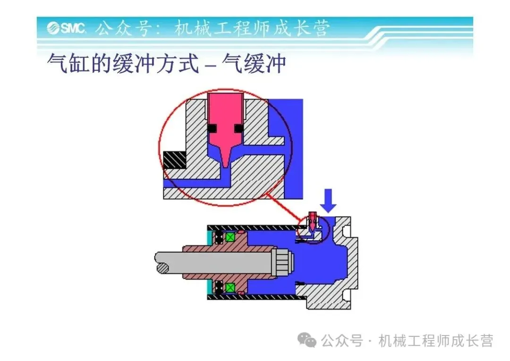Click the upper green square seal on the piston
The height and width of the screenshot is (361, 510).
click(x=230, y=237)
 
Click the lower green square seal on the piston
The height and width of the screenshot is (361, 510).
click(x=230, y=287)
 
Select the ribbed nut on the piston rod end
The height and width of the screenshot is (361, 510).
click(x=283, y=262)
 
